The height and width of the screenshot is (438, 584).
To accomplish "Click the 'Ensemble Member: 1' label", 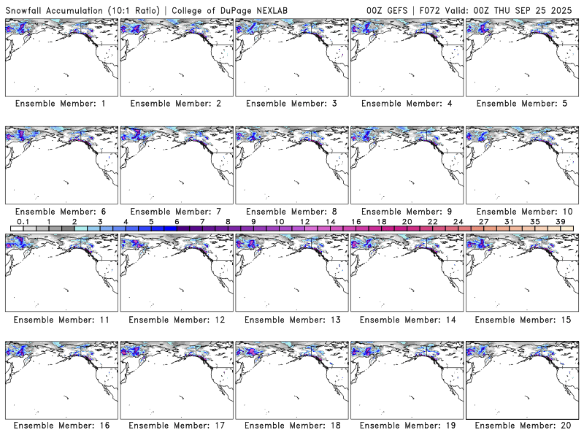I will (x=61, y=104).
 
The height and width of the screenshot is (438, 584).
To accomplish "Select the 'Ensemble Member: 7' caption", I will (x=176, y=212).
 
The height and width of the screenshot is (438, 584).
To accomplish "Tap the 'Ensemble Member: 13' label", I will (x=291, y=320).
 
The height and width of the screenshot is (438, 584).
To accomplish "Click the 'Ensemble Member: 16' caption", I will (x=61, y=426).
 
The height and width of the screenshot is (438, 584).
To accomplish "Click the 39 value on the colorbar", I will (x=560, y=221).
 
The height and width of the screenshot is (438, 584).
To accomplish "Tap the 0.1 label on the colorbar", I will (x=23, y=221).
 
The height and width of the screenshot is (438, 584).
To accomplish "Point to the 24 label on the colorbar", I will (x=458, y=221).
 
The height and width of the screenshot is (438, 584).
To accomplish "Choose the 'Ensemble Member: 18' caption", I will (x=291, y=426).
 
